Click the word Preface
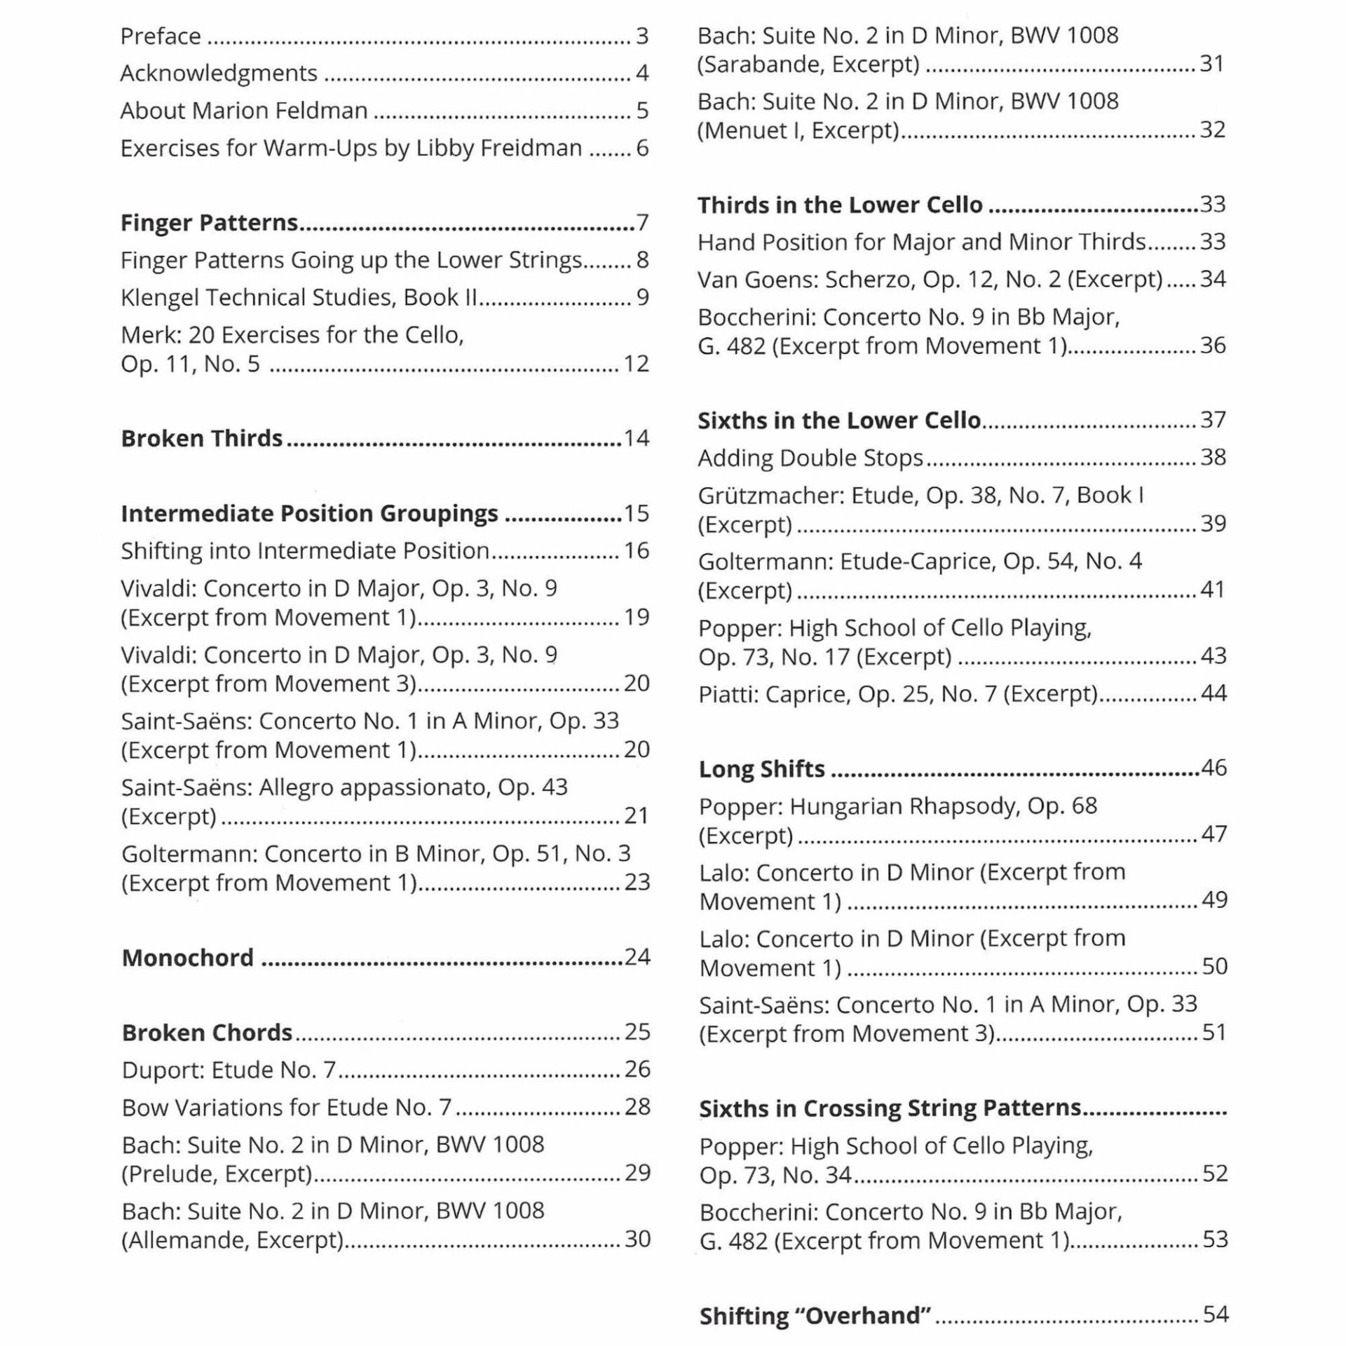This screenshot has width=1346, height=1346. pyautogui.click(x=161, y=36)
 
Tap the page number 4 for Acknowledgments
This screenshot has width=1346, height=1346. pyautogui.click(x=642, y=73)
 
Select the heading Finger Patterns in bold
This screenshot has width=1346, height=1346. pyautogui.click(x=209, y=222)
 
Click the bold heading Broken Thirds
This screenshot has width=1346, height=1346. pyautogui.click(x=201, y=438)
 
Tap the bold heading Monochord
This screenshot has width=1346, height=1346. pyautogui.click(x=187, y=958)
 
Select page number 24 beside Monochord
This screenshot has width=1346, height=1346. pyautogui.click(x=637, y=957)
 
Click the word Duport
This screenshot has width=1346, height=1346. pyautogui.click(x=163, y=1070)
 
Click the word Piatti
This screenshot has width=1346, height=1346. pyautogui.click(x=728, y=694)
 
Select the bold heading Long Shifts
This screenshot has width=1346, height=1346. pyautogui.click(x=761, y=769)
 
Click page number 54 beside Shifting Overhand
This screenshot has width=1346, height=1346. pyautogui.click(x=1215, y=1314)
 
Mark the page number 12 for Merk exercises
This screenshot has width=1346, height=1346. pyautogui.click(x=636, y=364)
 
